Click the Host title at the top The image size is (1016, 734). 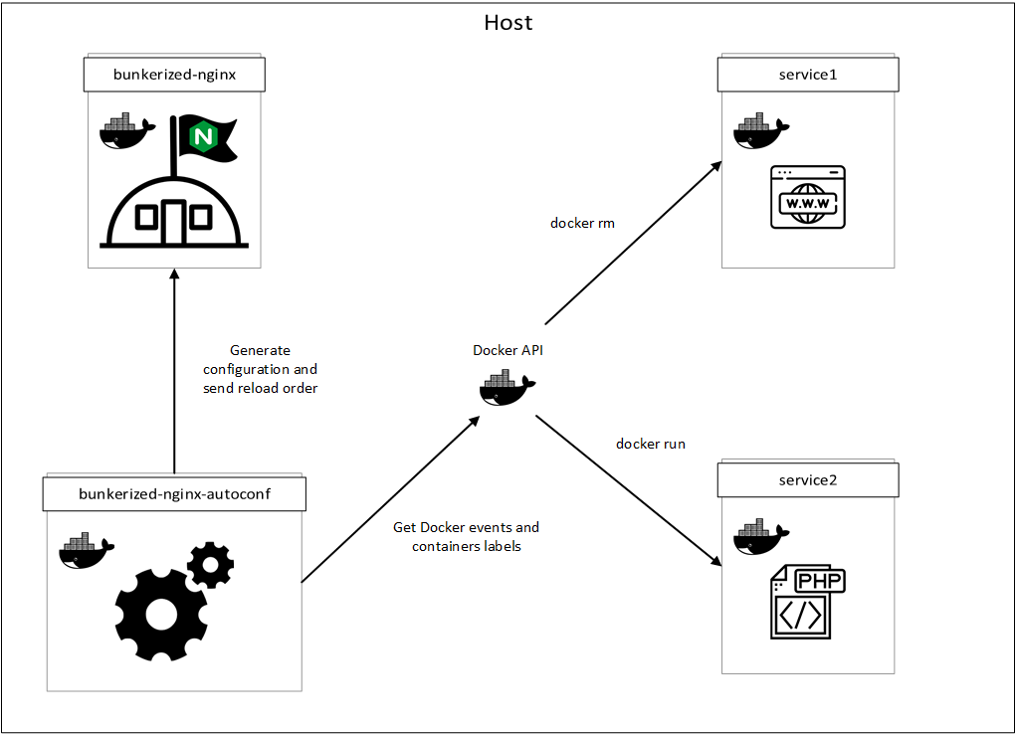pos(508,22)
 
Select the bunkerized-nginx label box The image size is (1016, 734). pos(174,74)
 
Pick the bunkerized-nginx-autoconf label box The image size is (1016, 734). pos(173,493)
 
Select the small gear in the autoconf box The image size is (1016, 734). pos(210,564)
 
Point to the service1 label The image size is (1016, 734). pos(808,74)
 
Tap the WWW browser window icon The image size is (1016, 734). pos(808,198)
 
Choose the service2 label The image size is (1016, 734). pos(808,480)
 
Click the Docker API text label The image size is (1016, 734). pos(508,350)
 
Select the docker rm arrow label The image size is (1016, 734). pos(582,223)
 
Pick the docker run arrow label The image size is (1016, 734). pos(650,444)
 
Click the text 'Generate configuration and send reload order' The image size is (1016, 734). pos(260,369)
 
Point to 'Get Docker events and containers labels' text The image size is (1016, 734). pos(466,537)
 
